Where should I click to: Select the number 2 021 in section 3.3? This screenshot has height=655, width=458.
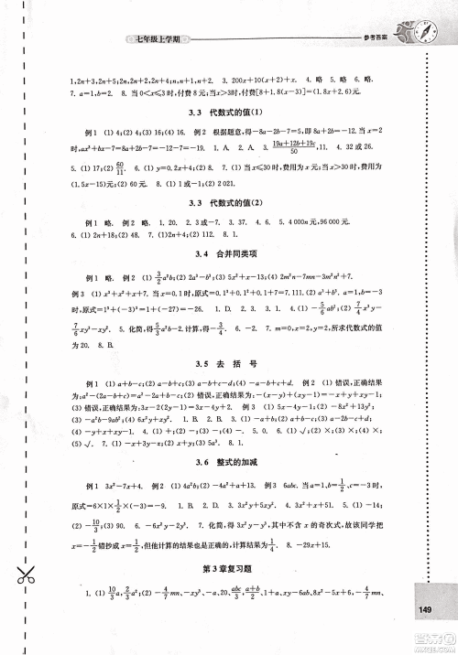coord(238,182)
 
